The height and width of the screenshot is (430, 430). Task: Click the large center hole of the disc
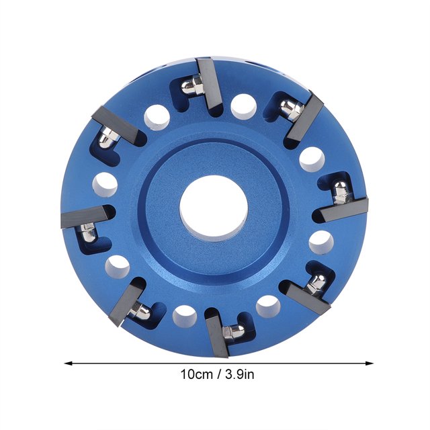tap(214, 209)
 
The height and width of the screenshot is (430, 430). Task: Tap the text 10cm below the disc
tap(196, 374)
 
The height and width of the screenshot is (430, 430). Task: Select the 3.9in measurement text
tap(240, 374)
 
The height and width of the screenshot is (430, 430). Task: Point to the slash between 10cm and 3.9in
tap(219, 374)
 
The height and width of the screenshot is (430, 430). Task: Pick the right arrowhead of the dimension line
tap(369, 363)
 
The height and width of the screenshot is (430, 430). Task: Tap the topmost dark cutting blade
tap(210, 87)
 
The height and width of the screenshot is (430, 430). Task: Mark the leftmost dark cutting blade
tap(85, 216)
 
